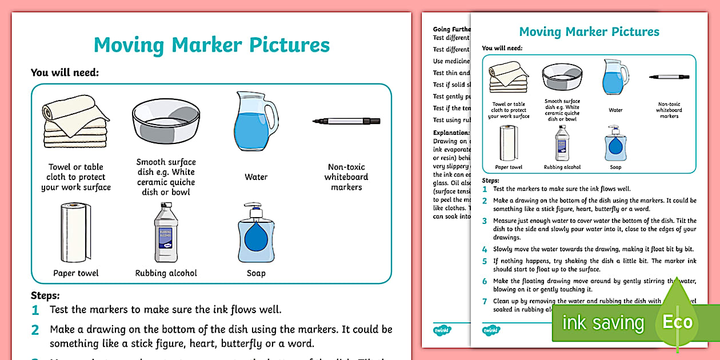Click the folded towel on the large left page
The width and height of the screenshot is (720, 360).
click(75, 122)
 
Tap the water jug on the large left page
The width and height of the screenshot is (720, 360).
click(254, 121)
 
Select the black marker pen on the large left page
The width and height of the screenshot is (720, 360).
click(346, 121)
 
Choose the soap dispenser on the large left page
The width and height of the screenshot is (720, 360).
click(255, 232)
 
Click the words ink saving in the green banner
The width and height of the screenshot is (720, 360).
click(603, 323)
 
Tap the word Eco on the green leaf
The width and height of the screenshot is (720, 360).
click(678, 322)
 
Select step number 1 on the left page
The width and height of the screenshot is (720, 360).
click(35, 310)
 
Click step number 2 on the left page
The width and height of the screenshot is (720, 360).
click(35, 330)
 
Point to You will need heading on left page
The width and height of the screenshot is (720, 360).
click(65, 73)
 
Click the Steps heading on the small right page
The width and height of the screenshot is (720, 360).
click(491, 179)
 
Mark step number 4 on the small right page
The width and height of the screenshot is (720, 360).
click(485, 249)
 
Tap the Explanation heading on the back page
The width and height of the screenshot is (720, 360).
click(451, 133)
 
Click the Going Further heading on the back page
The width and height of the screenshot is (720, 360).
click(451, 29)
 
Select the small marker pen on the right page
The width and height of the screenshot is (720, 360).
click(669, 77)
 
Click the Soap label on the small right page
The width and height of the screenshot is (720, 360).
click(615, 167)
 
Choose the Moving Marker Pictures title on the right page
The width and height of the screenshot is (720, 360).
click(589, 32)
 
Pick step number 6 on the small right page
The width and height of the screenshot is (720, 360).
click(485, 281)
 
